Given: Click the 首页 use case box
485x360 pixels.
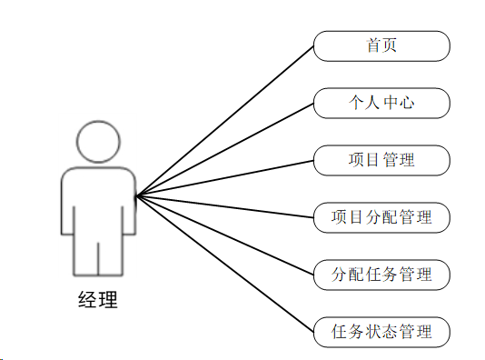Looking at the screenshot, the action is tap(381, 46).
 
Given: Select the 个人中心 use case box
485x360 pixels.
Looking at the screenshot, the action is tap(381, 103).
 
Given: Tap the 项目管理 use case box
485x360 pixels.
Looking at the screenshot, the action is tap(381, 160).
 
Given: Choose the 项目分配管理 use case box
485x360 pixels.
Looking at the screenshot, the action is tap(381, 217).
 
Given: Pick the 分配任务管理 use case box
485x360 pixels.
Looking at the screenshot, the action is tap(381, 275).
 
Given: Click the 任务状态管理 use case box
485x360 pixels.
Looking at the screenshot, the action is tap(381, 332).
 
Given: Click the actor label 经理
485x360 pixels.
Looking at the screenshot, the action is tap(98, 300).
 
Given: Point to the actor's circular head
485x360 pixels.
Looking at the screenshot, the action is tap(98, 142).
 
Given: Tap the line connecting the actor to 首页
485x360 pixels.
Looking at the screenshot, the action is tap(225, 121).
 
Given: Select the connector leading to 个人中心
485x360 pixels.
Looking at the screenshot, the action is tap(225, 149).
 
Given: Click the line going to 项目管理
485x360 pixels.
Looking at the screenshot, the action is tap(225, 178).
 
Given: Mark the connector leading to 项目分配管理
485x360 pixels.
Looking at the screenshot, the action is tap(225, 206).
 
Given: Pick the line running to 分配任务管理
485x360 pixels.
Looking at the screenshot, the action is tap(225, 235).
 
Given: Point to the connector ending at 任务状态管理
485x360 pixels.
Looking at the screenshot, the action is tap(225, 264).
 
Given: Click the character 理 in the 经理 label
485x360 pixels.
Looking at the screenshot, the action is tap(108, 300).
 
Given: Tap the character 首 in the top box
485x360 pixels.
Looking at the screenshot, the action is tap(373, 45).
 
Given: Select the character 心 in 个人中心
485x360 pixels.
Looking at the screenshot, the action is tap(407, 103).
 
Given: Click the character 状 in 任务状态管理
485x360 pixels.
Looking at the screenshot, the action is tap(373, 332).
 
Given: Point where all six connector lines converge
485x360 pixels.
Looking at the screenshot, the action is tap(137, 195).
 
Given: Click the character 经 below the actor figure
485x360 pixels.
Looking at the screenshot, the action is tap(88, 300).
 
